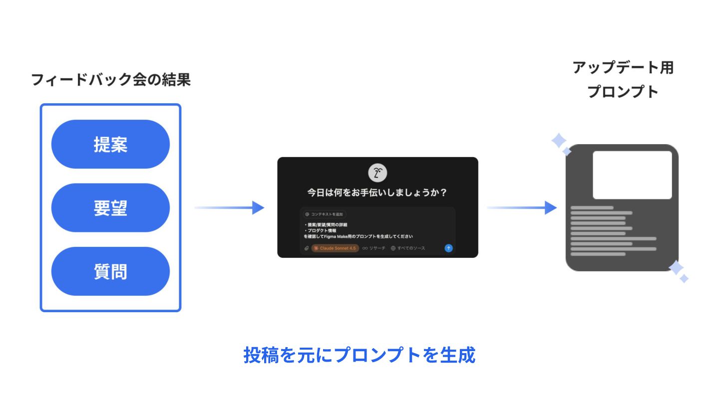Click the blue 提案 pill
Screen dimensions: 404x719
click(110, 144)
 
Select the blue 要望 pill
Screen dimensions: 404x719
click(110, 207)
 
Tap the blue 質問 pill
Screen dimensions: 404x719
click(110, 271)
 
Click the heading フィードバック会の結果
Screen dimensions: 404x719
click(111, 80)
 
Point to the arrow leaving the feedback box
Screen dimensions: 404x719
click(229, 207)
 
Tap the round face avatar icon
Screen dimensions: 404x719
click(377, 173)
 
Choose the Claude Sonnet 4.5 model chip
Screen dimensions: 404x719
click(335, 248)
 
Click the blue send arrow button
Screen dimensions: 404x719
click(448, 248)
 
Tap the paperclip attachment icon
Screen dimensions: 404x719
click(307, 248)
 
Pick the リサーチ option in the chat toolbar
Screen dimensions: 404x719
click(374, 248)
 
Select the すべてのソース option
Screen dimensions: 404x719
click(408, 248)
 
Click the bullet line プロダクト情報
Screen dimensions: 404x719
click(321, 230)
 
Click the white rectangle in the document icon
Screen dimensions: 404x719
click(632, 175)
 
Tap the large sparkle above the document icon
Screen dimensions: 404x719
click(558, 141)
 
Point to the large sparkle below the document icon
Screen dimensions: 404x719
click(676, 268)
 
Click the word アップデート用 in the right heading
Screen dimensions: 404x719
click(623, 68)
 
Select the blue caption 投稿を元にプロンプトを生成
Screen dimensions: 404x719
click(359, 355)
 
